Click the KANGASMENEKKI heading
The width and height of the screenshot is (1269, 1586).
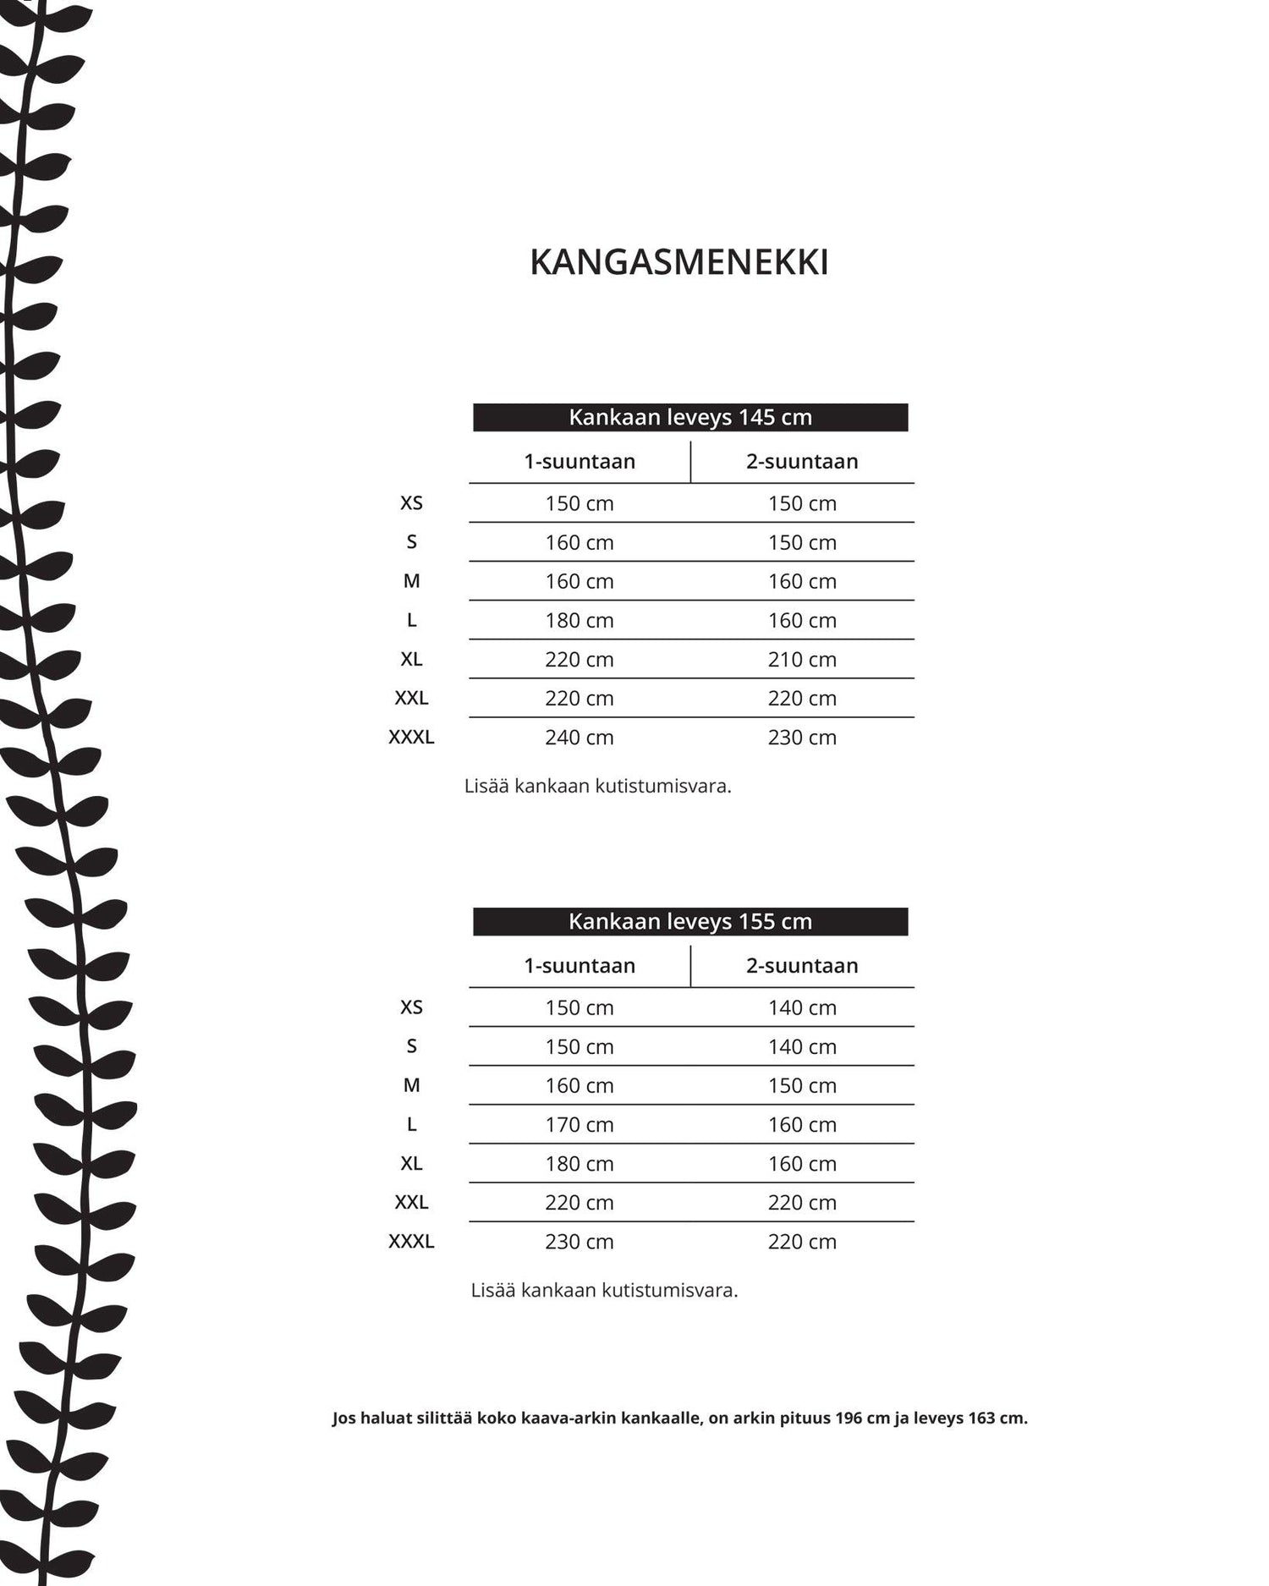click(678, 263)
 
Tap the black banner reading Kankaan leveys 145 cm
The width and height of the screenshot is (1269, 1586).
click(689, 417)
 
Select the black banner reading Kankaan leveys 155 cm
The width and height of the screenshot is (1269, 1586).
click(689, 921)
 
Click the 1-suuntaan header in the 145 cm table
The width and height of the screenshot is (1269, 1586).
click(580, 461)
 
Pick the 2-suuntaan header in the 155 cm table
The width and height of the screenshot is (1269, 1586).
click(802, 965)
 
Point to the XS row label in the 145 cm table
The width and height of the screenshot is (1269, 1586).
click(411, 503)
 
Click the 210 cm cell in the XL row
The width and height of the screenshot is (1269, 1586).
click(802, 659)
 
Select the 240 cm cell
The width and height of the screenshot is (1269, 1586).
click(580, 737)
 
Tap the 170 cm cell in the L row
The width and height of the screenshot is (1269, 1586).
click(580, 1124)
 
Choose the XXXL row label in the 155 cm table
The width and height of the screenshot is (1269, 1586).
click(411, 1241)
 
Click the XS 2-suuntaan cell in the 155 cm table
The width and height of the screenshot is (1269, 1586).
click(802, 1007)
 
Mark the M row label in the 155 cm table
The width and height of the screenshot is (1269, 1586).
click(411, 1085)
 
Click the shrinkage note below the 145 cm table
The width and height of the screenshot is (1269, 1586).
click(597, 786)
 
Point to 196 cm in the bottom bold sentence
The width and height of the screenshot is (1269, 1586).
click(862, 1418)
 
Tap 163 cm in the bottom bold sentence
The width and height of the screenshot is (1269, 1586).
click(996, 1418)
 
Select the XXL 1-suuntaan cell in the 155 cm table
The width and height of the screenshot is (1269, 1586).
click(580, 1202)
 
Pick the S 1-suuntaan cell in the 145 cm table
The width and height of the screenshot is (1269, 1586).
click(580, 542)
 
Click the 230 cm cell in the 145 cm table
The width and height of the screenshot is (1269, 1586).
click(802, 737)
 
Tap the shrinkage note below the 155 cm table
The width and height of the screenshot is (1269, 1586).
click(604, 1290)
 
